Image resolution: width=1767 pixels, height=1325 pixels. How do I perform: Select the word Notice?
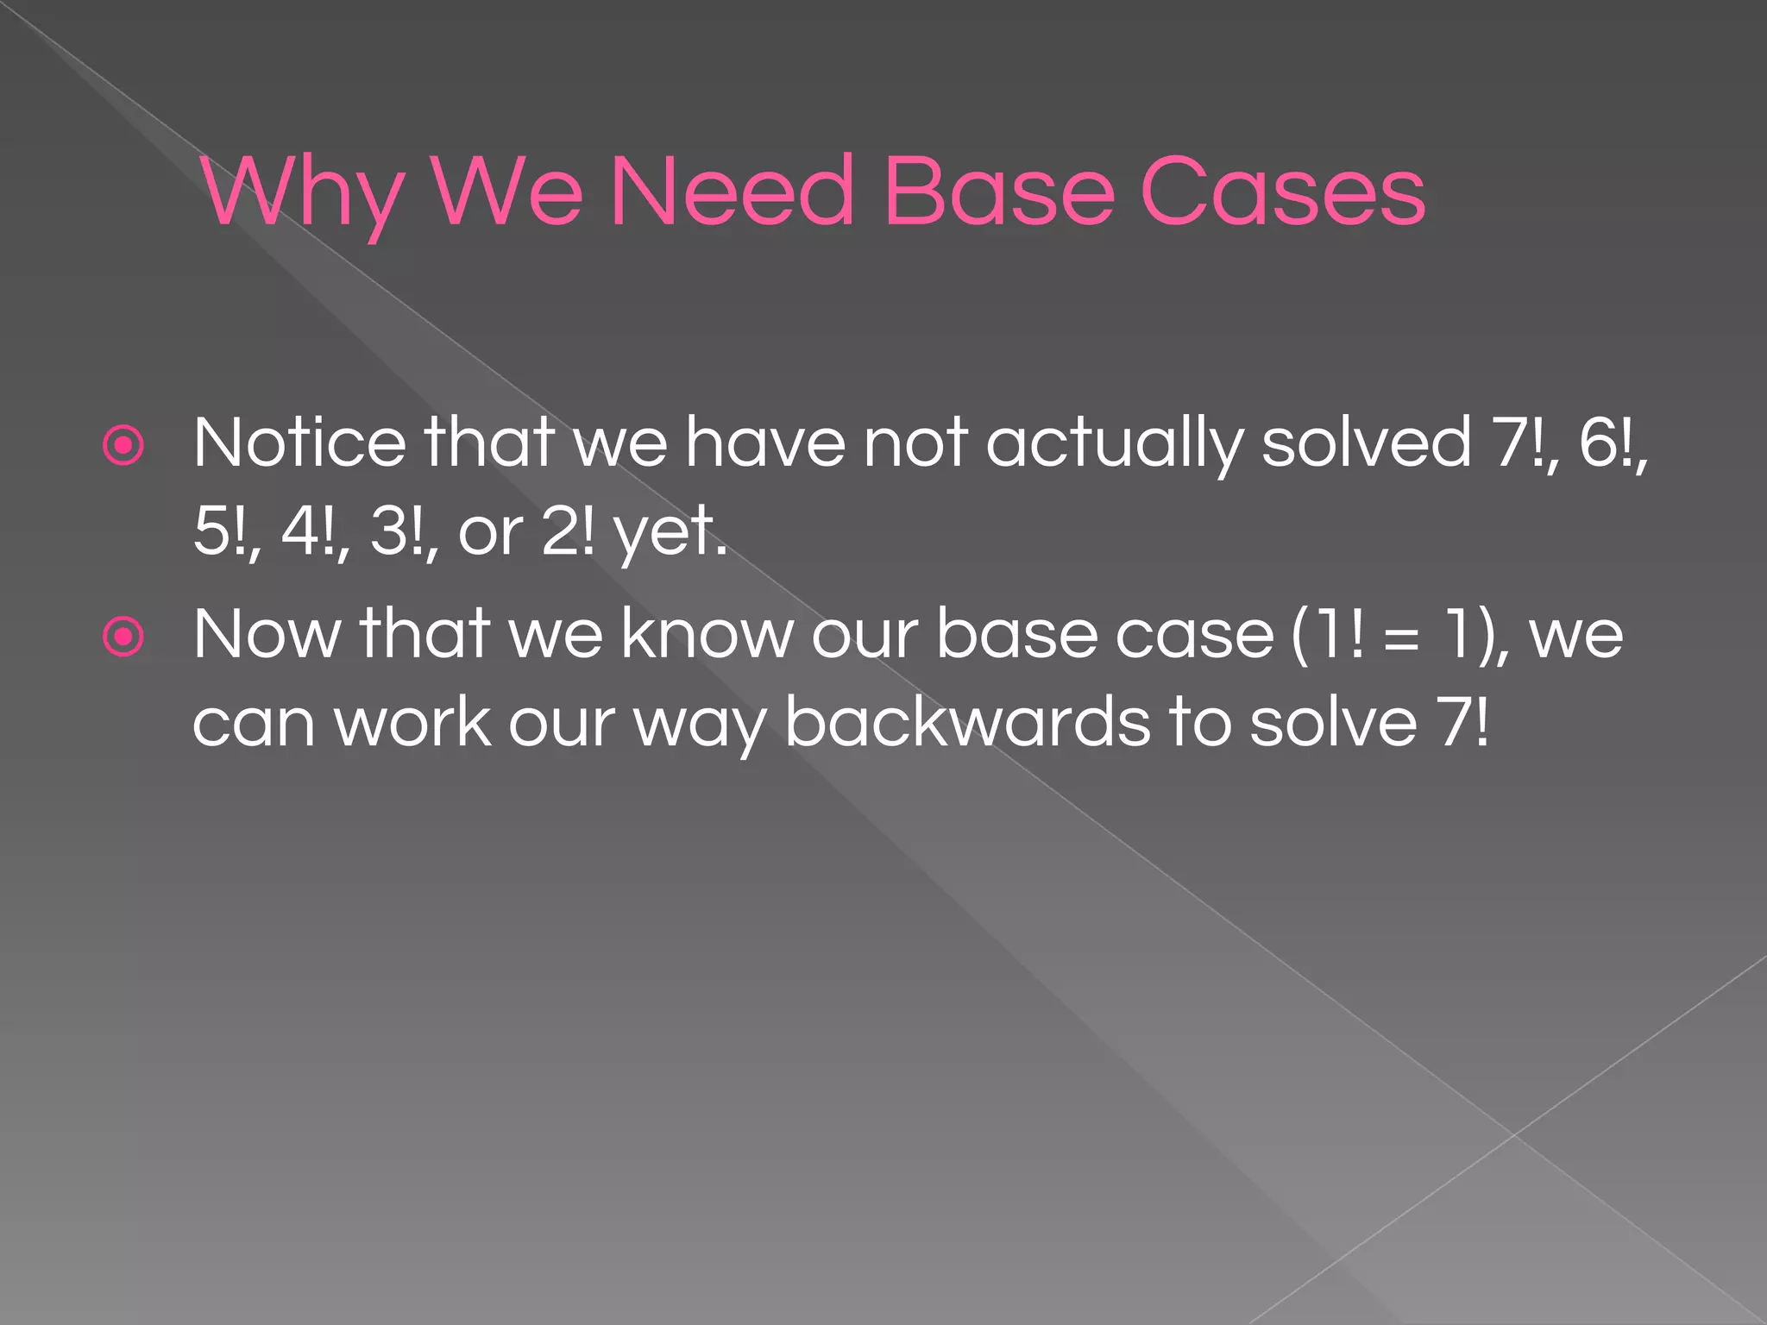299,443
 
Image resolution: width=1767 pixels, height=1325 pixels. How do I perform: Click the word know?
707,635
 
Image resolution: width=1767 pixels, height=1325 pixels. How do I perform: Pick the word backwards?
967,723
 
